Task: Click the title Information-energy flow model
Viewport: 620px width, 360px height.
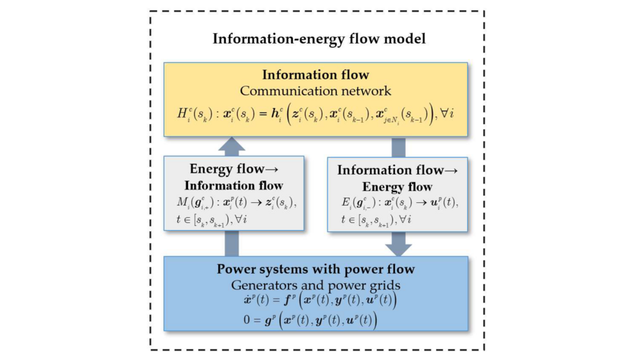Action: pyautogui.click(x=319, y=39)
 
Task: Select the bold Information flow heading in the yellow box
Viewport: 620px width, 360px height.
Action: pyautogui.click(x=315, y=75)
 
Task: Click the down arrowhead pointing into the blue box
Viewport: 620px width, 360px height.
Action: pyautogui.click(x=398, y=247)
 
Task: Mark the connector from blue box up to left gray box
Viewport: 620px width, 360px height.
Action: pyautogui.click(x=232, y=242)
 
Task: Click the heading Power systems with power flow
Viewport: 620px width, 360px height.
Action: pyautogui.click(x=315, y=270)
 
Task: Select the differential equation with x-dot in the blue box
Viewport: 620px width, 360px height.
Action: pyautogui.click(x=315, y=301)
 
